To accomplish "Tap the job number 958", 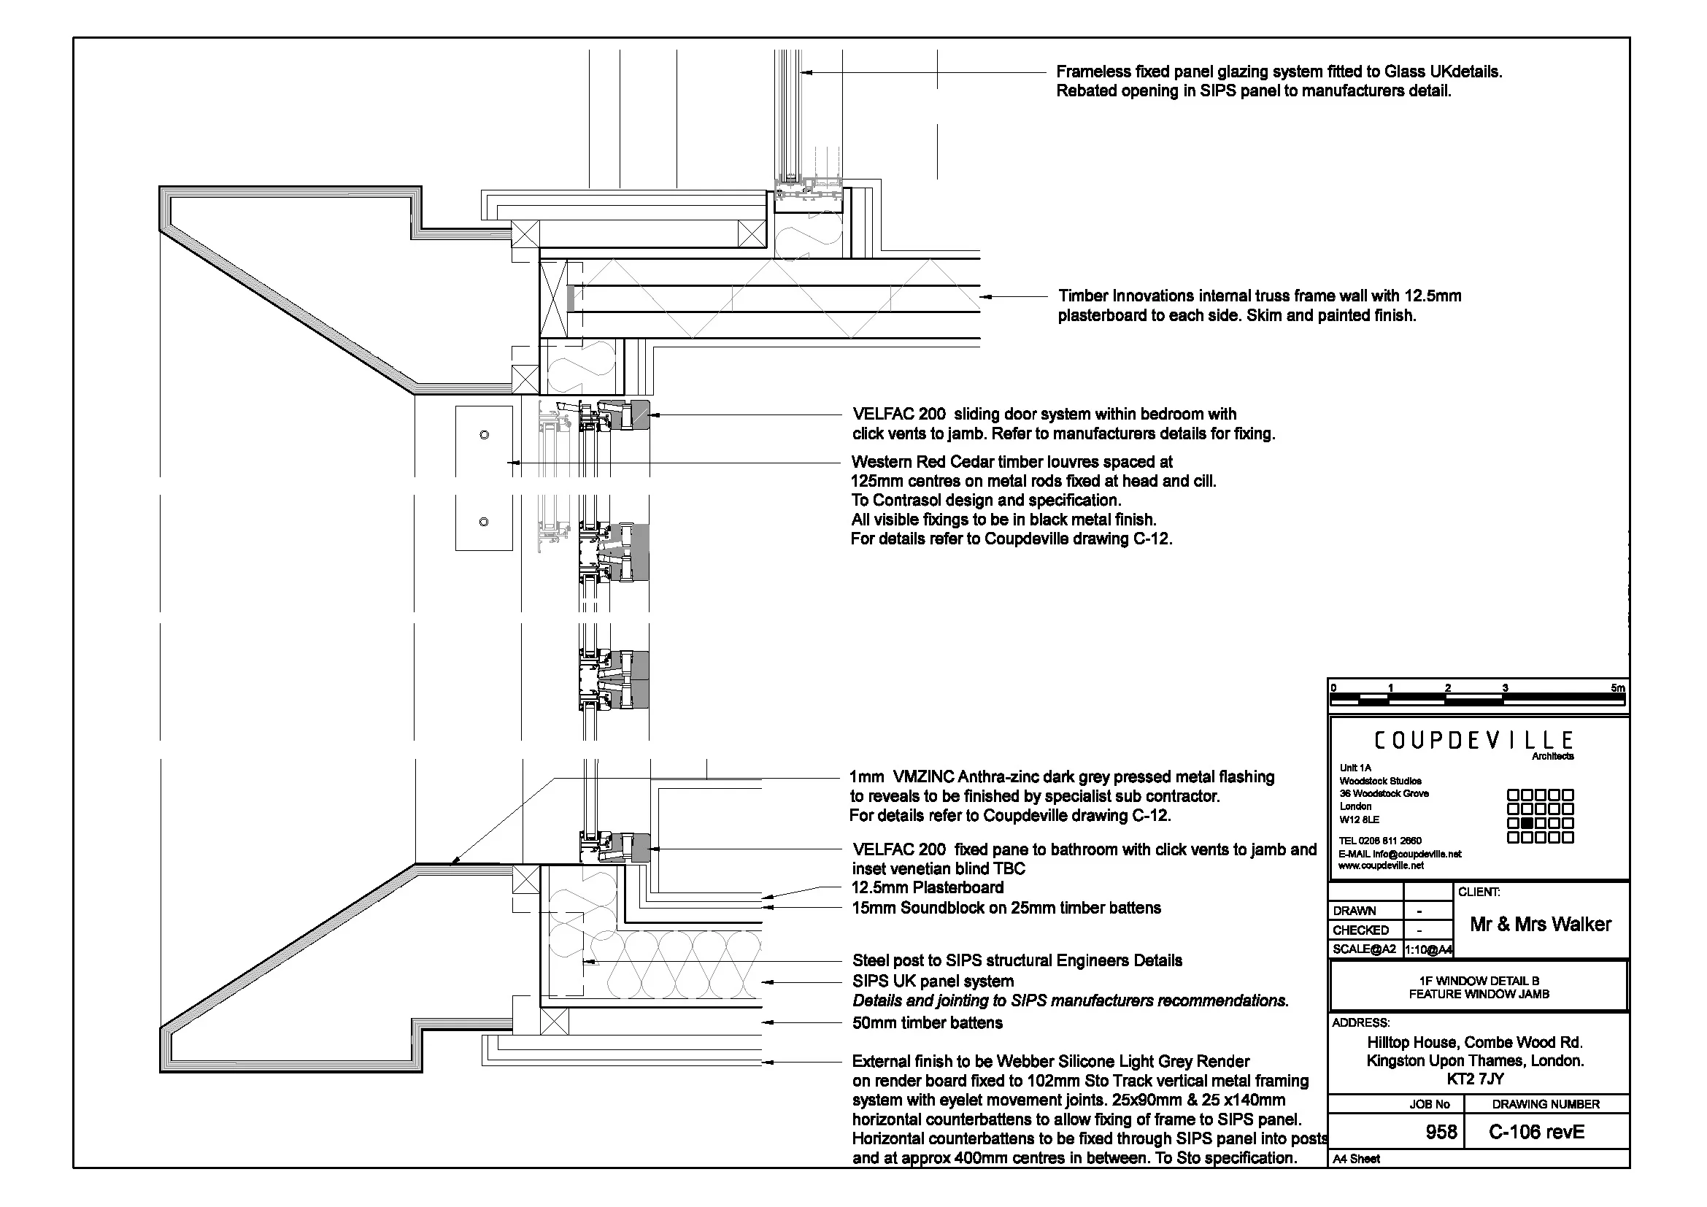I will coord(1441,1132).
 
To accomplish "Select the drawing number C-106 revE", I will coord(1537,1132).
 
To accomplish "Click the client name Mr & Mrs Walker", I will coord(1541,924).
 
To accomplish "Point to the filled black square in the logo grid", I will coord(1527,822).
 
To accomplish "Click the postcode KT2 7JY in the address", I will coord(1475,1079).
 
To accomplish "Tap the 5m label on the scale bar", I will coord(1617,688).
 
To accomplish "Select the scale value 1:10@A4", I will coord(1428,950).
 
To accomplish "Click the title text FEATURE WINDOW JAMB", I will coord(1479,994).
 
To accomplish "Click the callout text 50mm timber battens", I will coord(927,1022).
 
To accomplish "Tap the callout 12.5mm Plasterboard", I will coord(928,887).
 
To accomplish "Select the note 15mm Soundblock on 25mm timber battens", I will coord(1006,908).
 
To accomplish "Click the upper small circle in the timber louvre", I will coord(485,435).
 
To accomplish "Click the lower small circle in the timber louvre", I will coord(484,522).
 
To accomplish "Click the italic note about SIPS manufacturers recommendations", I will coord(1070,1000).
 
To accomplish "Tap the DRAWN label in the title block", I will coord(1354,911).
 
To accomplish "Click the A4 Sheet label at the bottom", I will coord(1356,1159).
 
